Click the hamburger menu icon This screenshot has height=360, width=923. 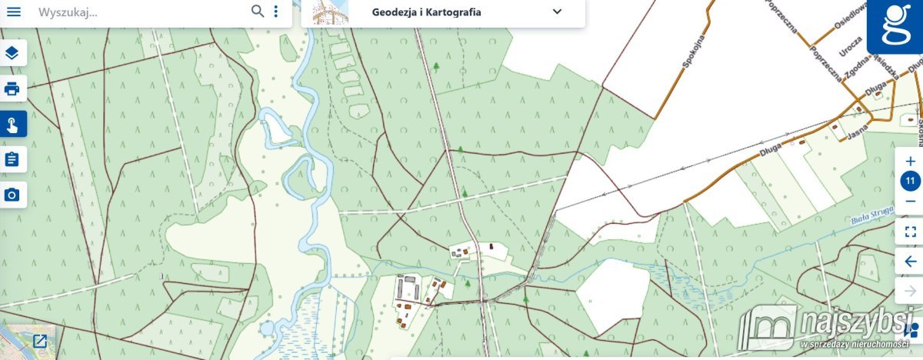[14, 12]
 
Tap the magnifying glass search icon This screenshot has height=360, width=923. [258, 11]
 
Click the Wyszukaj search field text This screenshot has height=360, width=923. [68, 12]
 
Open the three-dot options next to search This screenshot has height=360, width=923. [276, 12]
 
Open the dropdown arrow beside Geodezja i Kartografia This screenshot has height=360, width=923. [558, 12]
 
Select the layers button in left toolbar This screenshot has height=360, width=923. [12, 53]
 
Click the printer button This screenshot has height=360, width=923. [12, 88]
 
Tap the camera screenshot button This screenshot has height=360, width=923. [12, 195]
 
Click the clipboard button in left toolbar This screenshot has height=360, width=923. [12, 159]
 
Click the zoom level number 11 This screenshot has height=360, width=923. [910, 182]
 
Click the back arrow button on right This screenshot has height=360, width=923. [910, 262]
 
